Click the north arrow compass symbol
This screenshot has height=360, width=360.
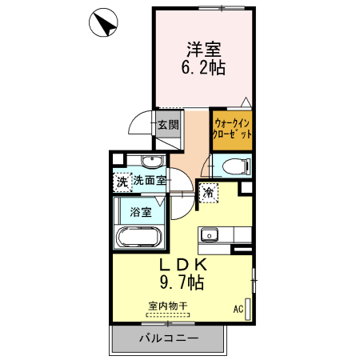103,23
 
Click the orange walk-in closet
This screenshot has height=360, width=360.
233,129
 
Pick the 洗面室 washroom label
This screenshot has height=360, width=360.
150,181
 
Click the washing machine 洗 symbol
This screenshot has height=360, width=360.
122,182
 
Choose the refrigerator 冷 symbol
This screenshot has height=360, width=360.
207,192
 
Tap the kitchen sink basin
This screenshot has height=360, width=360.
210,235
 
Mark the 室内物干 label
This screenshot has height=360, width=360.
168,306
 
